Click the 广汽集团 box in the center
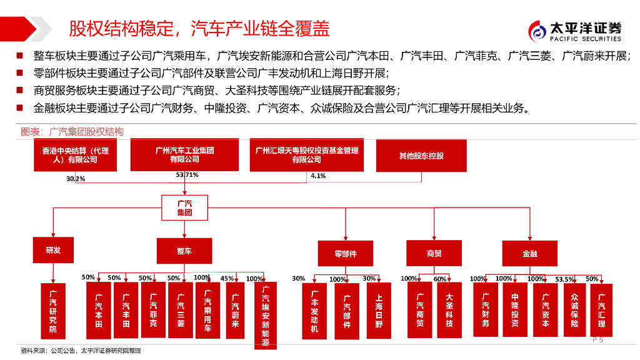pos(184,207)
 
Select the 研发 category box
pos(54,250)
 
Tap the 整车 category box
pos(184,251)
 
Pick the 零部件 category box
pos(346,254)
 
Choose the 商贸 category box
pos(434,253)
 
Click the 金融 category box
pos(530,254)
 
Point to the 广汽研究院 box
pos(53,311)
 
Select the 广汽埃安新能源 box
pos(266,316)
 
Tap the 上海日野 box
pos(379,311)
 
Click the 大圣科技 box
pos(449,310)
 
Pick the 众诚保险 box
pos(575,310)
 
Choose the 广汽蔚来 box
pos(235,310)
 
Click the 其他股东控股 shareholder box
pos(421,156)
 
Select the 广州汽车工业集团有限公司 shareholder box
pos(184,155)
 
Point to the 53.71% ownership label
pos(187,175)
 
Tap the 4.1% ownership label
pos(318,176)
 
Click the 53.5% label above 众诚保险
pos(564,279)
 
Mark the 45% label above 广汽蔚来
pos(227,278)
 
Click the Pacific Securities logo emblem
pos(537,31)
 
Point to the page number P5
pos(597,339)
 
